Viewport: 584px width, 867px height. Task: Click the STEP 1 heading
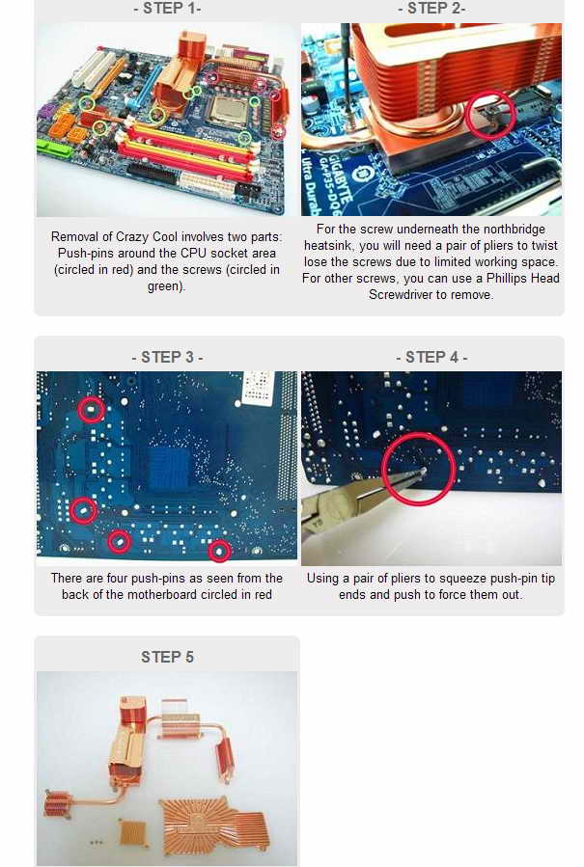[x=167, y=9]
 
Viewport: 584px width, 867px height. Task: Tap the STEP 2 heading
[x=431, y=9]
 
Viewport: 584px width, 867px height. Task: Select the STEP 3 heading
[x=167, y=357]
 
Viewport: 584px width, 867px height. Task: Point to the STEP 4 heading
[x=431, y=357]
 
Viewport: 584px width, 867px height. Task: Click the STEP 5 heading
[x=167, y=657]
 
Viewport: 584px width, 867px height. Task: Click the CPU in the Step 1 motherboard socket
[x=228, y=110]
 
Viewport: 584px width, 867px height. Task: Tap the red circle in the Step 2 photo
[x=491, y=115]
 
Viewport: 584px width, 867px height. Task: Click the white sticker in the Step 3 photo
[x=259, y=386]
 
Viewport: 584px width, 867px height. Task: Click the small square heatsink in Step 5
[x=133, y=833]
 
